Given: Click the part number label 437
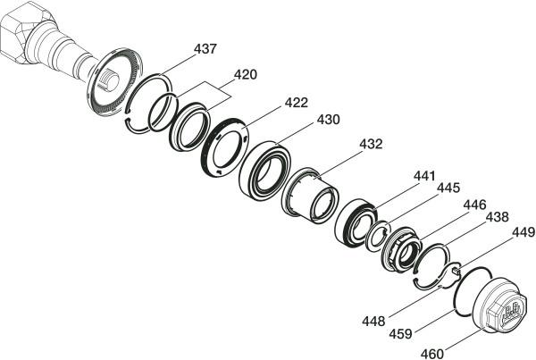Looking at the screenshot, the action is click(205, 49).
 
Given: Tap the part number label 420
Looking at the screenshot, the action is click(245, 74).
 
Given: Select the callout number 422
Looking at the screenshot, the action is click(297, 103).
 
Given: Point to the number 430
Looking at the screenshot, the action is click(328, 120).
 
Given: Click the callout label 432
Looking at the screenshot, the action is click(371, 145).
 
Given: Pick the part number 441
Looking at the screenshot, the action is click(424, 176).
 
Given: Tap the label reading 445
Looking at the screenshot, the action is click(448, 188).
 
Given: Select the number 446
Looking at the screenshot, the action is click(474, 205).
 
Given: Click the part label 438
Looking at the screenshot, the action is click(498, 217).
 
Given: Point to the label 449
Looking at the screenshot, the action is click(523, 233).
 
